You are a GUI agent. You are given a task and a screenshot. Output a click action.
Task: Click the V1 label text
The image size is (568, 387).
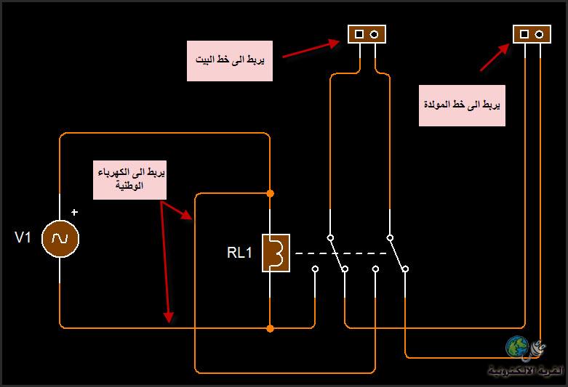pos(23,237)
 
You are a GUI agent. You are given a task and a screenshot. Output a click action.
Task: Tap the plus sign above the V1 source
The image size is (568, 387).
pos(74,213)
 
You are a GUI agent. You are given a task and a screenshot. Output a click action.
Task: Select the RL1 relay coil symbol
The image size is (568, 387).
pos(277,253)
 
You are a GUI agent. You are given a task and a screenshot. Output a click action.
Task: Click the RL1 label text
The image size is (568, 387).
pos(240,253)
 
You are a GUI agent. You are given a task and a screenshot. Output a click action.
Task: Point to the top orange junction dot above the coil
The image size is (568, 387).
pos(270,194)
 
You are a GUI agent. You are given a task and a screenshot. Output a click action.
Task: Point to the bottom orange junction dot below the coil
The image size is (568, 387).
pos(270,329)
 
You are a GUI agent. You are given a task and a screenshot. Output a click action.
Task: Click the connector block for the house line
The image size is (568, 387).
pos(367,34)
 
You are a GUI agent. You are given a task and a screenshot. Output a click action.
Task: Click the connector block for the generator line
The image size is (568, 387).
pos(532,34)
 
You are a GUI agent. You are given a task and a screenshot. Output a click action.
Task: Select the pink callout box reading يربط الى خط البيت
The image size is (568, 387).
pos(230,60)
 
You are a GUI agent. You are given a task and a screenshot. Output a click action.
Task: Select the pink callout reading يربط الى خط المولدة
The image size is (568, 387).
pos(462,105)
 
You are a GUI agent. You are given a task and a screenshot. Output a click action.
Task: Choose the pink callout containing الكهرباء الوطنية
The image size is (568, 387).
pos(129,179)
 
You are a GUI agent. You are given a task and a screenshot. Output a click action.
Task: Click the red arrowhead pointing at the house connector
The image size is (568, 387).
pos(335,42)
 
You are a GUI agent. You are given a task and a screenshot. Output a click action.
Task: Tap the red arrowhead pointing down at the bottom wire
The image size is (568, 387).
pos(169,317)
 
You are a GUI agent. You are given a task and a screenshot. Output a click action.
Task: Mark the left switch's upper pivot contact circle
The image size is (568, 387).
pos(329,237)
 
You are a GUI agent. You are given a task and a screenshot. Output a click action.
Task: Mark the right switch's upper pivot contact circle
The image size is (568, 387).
pos(390,237)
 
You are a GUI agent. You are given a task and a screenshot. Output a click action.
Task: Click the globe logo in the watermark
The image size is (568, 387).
pos(518,349)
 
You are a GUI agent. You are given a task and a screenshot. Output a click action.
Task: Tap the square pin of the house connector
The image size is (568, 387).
pos(359,34)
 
